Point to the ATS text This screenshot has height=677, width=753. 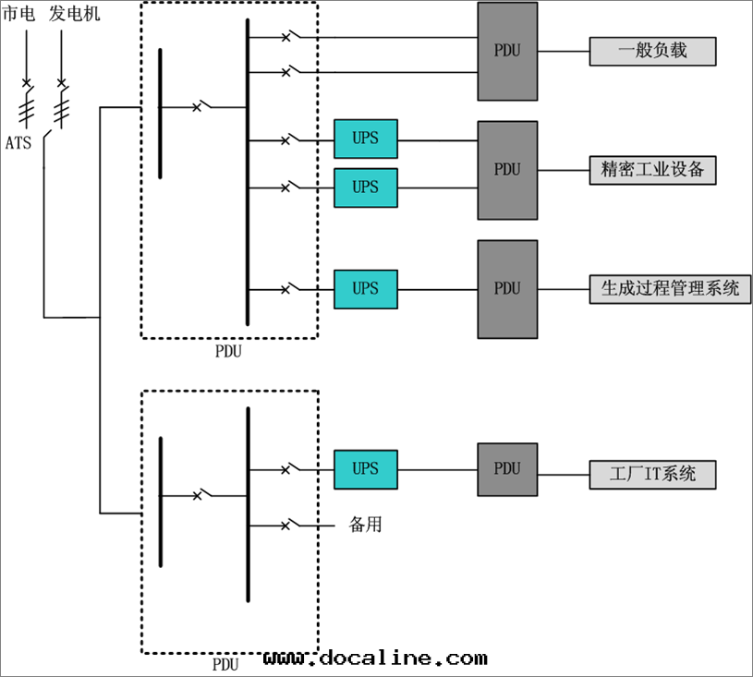pos(18,143)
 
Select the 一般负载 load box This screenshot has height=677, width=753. pos(652,51)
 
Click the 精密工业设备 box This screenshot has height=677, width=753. pos(652,170)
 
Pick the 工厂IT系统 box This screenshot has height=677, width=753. pos(652,475)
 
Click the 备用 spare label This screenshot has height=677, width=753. pos(365,525)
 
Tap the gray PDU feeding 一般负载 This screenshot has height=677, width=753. pos(507,51)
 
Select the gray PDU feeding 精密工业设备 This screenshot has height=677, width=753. pos(507,170)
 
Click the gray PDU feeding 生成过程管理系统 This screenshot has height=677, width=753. pos(507,289)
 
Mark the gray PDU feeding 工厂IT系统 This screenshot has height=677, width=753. pos(507,469)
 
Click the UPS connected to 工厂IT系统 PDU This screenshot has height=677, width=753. pos(366,469)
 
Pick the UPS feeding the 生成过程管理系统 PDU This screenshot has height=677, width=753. pos(366,289)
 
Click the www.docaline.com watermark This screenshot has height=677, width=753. pos(374,658)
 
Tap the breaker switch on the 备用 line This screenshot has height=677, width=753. pos(289,525)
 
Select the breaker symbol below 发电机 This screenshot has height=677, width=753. pos(62,84)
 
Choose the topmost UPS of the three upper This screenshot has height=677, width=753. pos(366,139)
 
